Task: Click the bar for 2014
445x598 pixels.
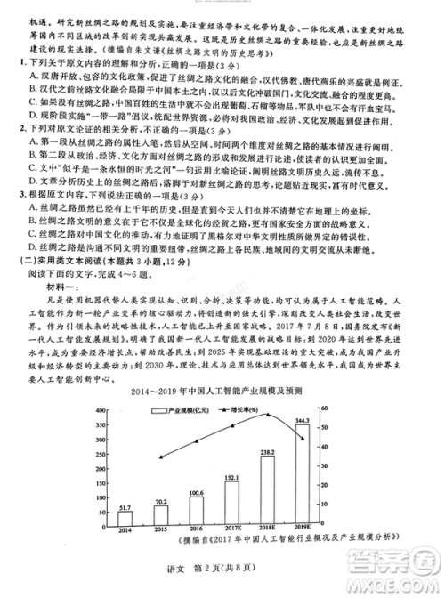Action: [x=125, y=518]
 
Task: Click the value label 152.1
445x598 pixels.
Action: [x=231, y=478]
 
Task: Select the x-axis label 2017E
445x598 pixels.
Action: [x=231, y=530]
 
